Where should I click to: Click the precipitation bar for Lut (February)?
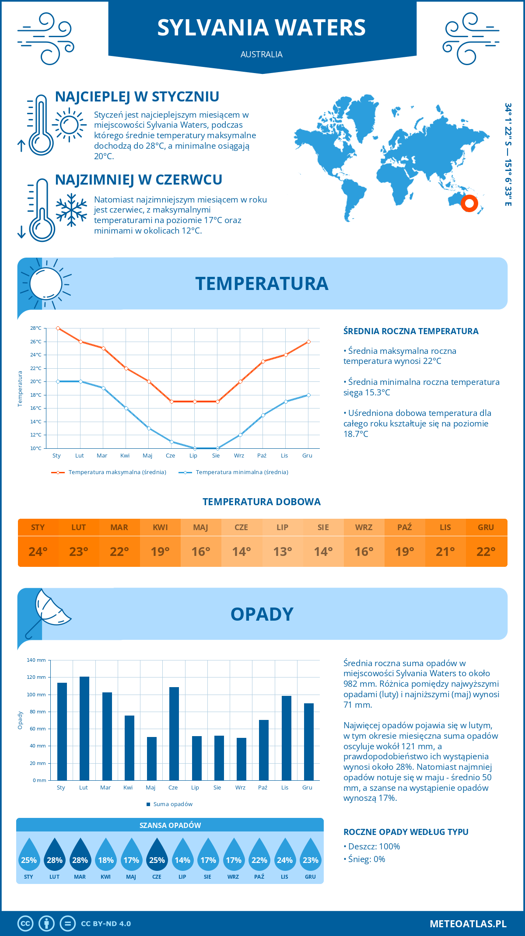coord(84,728)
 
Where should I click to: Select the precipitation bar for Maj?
coord(152,758)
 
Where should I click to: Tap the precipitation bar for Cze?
coord(174,733)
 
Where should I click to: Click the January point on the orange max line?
coord(58,328)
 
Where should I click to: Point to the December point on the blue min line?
coord(308,395)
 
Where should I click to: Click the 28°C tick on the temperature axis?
coord(36,328)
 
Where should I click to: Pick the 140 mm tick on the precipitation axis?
coord(37,660)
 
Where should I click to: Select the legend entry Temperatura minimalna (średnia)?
coord(241,472)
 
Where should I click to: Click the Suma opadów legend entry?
coord(172,804)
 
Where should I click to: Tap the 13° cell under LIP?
coord(282,552)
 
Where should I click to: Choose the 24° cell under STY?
coord(38,552)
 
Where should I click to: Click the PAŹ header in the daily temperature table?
coord(404,527)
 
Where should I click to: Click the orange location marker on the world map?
coord(469,203)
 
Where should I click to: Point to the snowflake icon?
coord(71,210)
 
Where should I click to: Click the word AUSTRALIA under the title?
coord(262,55)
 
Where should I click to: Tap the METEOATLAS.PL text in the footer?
coord(468,924)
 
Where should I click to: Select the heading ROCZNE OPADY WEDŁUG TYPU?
coord(406,832)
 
